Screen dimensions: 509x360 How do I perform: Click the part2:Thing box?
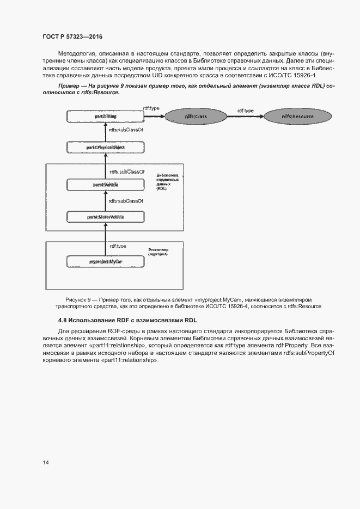tap(105, 116)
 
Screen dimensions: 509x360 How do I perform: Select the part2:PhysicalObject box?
tap(105, 148)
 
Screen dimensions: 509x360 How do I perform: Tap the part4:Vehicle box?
tap(105, 185)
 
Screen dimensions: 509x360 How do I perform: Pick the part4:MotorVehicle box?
tap(105, 217)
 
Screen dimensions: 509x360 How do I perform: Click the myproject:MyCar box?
tap(105, 262)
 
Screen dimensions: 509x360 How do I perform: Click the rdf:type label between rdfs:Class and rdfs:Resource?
tap(245, 111)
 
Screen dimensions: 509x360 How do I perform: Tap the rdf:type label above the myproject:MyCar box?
tap(118, 246)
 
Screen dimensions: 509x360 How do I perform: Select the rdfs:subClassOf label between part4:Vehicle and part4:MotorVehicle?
tap(126, 201)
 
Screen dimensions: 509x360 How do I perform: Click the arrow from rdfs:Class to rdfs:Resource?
tap(246, 116)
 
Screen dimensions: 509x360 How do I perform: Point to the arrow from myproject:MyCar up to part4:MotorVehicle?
tap(105, 240)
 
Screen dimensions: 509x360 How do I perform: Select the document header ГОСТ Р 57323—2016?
tap(72, 37)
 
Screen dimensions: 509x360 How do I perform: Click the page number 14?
tap(46, 462)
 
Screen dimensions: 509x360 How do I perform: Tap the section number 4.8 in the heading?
tap(63, 320)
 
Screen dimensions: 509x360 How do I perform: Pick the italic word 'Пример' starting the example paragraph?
tap(70, 86)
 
